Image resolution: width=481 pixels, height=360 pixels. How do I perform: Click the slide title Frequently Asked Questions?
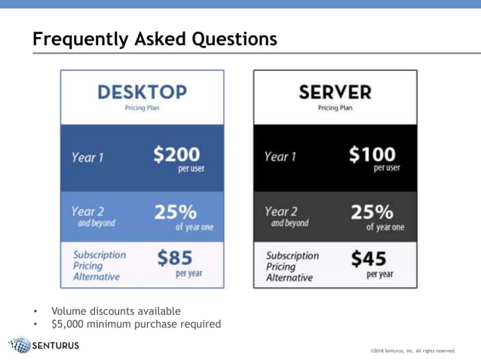point(155,38)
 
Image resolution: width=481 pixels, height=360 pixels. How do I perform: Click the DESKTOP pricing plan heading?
point(142,92)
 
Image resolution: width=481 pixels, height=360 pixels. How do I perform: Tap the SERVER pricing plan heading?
point(335,92)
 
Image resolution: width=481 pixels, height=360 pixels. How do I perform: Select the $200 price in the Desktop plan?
point(177,154)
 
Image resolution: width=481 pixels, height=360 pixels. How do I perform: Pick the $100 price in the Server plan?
point(372,154)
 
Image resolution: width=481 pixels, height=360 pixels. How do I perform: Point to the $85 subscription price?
point(175,258)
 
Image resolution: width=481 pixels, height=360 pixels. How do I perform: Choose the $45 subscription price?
point(369,259)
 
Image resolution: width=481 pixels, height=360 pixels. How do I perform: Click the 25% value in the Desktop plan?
point(175,212)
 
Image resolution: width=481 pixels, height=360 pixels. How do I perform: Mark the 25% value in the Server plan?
point(372,212)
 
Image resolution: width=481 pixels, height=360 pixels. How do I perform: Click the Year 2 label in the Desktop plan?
point(87,212)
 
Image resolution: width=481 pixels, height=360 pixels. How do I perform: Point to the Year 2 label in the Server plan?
point(281,212)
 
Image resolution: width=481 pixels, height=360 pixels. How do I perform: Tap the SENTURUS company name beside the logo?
point(56,346)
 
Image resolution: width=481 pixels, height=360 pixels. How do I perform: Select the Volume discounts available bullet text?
point(116,311)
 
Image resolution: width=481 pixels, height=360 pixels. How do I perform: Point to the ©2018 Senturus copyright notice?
point(413,350)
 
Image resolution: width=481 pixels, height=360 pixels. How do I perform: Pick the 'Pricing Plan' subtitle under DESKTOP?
point(142,108)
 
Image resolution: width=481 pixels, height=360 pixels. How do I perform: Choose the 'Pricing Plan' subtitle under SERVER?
point(335,108)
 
